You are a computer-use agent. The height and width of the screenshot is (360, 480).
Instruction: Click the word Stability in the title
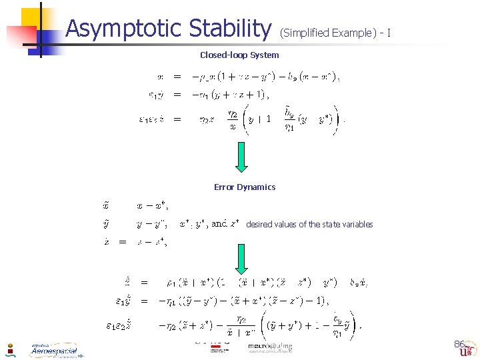click(230, 29)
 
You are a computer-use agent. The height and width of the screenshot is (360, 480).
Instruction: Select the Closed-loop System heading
click(239, 55)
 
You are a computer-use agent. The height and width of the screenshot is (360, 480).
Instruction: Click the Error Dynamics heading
click(244, 187)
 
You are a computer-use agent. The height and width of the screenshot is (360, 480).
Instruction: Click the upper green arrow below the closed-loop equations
click(241, 159)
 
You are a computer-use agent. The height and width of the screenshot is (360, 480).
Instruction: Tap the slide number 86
click(459, 345)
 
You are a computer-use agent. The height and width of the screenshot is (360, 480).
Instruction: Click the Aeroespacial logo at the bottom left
click(53, 351)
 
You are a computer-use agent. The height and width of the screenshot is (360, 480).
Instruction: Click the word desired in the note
click(260, 225)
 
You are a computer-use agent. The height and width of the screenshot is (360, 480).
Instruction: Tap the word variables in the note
click(355, 225)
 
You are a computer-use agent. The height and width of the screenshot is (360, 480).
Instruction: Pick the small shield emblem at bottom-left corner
click(11, 349)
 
